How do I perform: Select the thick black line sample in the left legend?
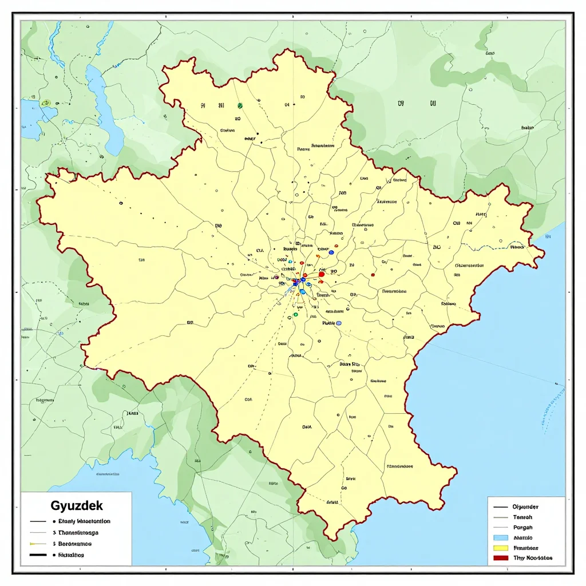point(38,555)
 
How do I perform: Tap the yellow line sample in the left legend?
point(38,544)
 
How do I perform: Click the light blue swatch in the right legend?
point(500,538)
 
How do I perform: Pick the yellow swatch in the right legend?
point(500,548)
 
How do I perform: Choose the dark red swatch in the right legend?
point(500,558)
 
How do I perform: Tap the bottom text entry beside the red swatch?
point(533,558)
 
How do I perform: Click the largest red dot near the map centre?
point(322,274)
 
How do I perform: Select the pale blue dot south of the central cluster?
point(338,323)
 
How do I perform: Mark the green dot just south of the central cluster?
point(296,315)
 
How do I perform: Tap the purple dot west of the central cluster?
point(276,278)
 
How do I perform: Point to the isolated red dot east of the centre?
point(373,275)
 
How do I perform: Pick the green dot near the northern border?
point(240,105)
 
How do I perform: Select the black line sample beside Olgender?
point(500,507)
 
